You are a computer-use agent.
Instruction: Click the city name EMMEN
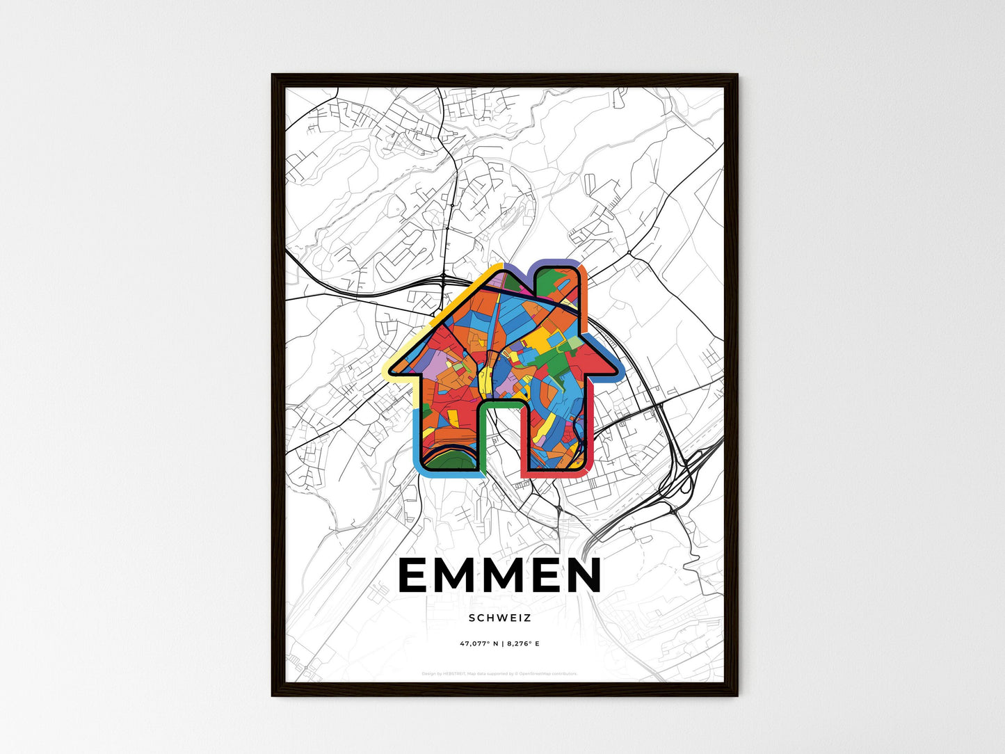(499, 576)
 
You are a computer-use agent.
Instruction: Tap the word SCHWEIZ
(499, 618)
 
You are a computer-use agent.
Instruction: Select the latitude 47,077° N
(479, 643)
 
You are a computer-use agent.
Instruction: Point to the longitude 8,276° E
(523, 643)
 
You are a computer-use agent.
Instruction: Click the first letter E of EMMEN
(417, 576)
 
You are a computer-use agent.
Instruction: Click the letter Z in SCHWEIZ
(528, 618)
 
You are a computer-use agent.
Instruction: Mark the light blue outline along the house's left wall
(417, 438)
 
